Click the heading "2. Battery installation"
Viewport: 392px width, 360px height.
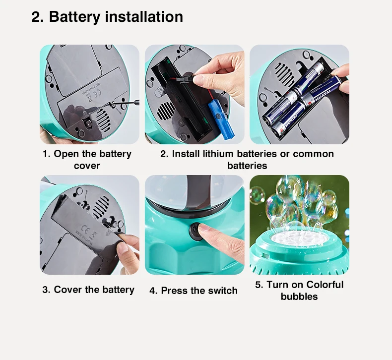[107, 17]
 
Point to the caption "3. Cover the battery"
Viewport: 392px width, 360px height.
[88, 290]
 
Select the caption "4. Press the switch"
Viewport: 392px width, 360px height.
[194, 291]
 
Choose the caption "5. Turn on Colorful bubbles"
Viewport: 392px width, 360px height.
[299, 291]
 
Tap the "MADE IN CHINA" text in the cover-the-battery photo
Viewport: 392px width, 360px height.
[84, 237]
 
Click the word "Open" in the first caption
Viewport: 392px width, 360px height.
[66, 154]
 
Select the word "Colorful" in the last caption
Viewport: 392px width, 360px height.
[325, 285]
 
